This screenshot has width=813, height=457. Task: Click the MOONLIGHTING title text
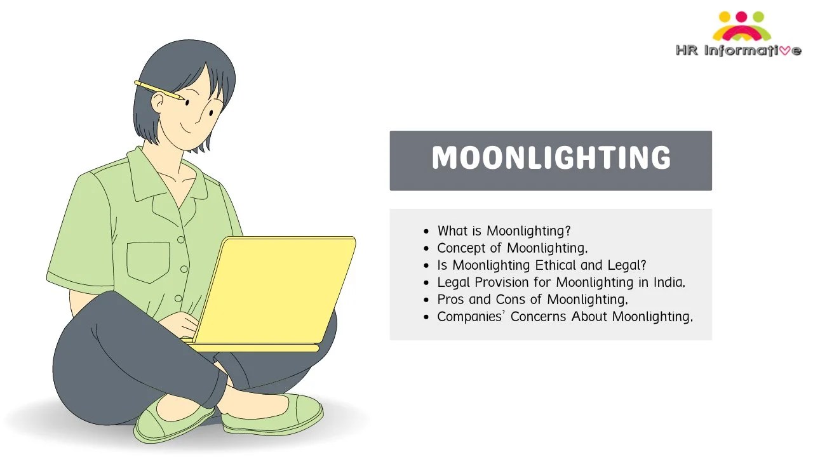[551, 159]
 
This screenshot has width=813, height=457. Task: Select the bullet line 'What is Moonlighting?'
[504, 231]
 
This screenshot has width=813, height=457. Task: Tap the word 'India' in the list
[668, 282]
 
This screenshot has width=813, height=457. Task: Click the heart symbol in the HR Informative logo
[783, 51]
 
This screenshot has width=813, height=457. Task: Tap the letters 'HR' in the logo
[687, 51]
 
